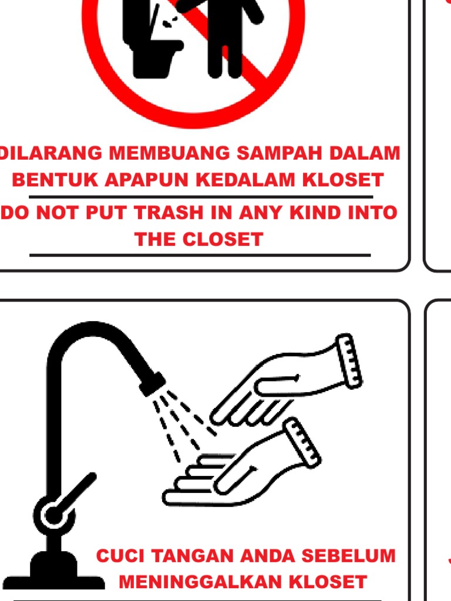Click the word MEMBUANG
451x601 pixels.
169,153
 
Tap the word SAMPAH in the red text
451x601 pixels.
279,153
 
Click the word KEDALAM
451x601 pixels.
245,180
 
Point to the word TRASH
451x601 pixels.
169,212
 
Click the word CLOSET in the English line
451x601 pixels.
223,239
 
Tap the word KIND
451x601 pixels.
315,212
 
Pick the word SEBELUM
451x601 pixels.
349,556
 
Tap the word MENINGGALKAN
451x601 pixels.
200,582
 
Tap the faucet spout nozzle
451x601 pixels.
153,384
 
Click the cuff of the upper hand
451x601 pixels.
349,361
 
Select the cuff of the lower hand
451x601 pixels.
302,443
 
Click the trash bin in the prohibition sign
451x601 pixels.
153,38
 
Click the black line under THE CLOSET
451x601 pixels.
200,255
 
